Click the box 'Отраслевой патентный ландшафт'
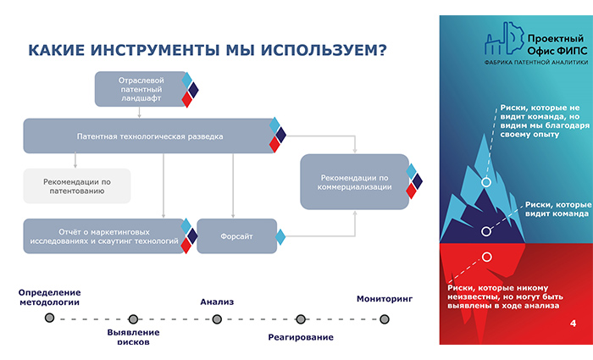click(x=141, y=89)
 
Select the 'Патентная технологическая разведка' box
click(x=150, y=136)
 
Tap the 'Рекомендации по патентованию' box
click(x=77, y=186)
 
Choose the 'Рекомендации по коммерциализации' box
click(x=355, y=182)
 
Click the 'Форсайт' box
click(x=237, y=236)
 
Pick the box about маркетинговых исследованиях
click(x=104, y=236)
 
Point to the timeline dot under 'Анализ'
click(x=217, y=319)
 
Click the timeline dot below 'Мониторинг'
click(x=385, y=319)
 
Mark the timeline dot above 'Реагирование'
click(x=301, y=319)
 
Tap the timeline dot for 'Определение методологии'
click(x=49, y=318)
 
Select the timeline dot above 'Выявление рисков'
click(x=133, y=319)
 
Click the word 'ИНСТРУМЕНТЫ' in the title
click(x=155, y=50)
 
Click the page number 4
click(x=574, y=324)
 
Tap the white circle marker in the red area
click(x=487, y=258)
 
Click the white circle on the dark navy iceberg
click(x=486, y=231)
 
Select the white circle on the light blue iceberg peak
click(x=486, y=182)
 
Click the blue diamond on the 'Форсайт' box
click(x=280, y=237)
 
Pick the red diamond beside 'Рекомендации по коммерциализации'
click(x=412, y=191)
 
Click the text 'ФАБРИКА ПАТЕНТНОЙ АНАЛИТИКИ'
click(x=536, y=63)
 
